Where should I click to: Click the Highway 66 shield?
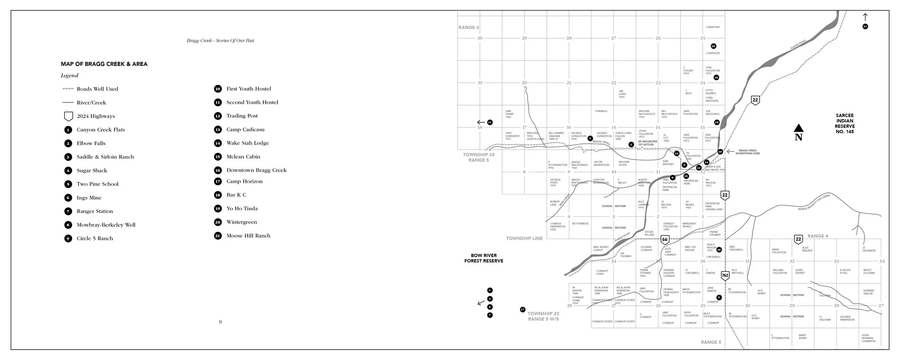(x=665, y=240)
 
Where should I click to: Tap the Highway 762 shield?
(x=725, y=276)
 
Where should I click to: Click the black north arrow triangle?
(x=798, y=128)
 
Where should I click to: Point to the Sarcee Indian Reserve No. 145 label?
(x=845, y=123)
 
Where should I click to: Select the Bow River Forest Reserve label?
(x=483, y=258)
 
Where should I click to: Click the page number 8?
(x=220, y=322)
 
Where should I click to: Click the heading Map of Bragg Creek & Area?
(x=104, y=64)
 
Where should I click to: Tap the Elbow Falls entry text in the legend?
(x=91, y=143)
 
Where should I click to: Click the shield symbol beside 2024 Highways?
(x=68, y=116)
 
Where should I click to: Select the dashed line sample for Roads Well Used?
(x=68, y=89)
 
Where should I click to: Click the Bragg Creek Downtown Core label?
(x=747, y=152)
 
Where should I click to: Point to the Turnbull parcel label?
(x=601, y=111)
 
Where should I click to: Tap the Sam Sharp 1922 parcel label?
(x=509, y=114)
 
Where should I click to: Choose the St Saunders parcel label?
(x=869, y=249)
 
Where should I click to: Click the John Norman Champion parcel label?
(x=868, y=338)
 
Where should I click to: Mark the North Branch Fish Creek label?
(x=814, y=202)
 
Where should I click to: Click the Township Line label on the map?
(x=524, y=238)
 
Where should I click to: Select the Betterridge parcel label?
(x=580, y=224)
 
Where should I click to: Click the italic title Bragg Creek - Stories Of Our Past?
(x=220, y=41)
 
